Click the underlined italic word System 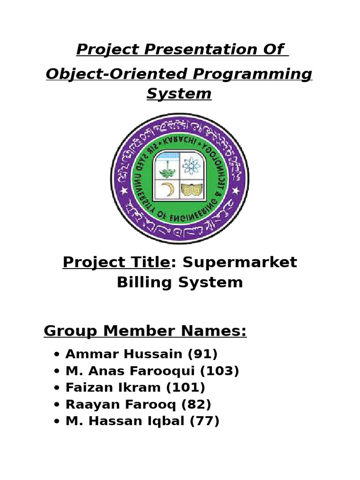pyautogui.click(x=179, y=94)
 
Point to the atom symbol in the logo pyautogui.click(x=191, y=165)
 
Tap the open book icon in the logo pyautogui.click(x=190, y=190)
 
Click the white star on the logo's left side pyautogui.click(x=124, y=191)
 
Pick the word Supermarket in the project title pyautogui.click(x=240, y=262)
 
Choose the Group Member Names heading pyautogui.click(x=145, y=331)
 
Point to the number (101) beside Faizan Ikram pyautogui.click(x=189, y=388)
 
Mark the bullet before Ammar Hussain pyautogui.click(x=57, y=355)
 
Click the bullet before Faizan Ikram pyautogui.click(x=57, y=389)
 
